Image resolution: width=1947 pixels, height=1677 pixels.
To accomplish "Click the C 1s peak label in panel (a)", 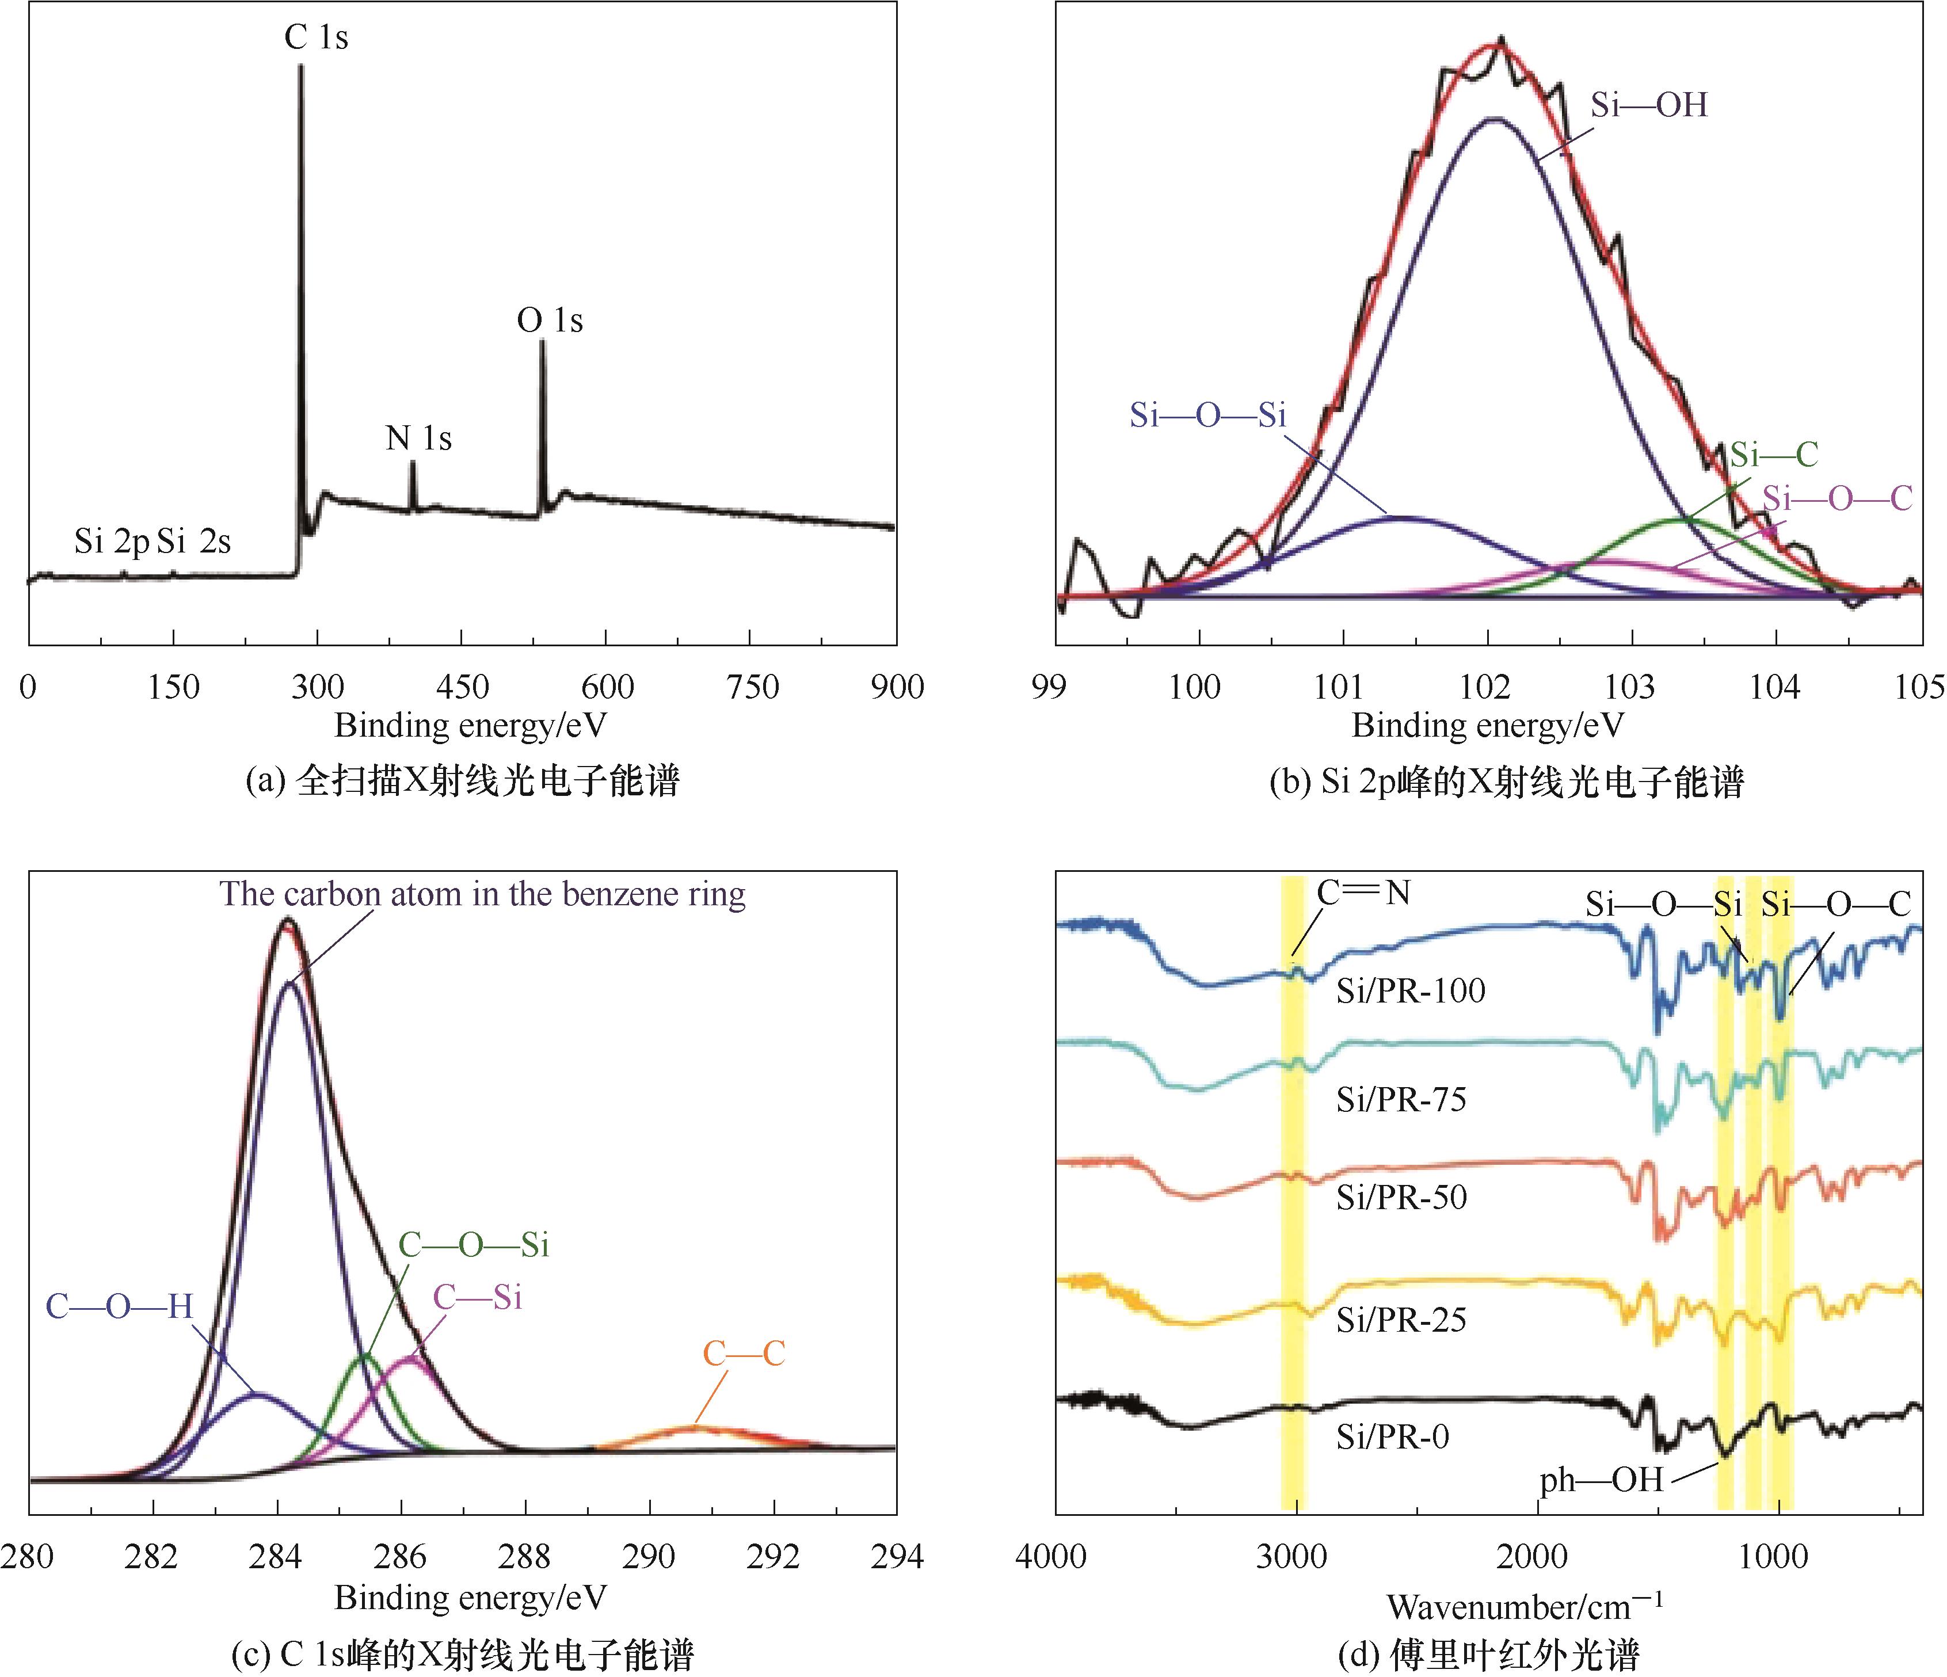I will coord(317,37).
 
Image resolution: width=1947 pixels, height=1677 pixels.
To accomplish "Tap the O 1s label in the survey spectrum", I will coord(550,321).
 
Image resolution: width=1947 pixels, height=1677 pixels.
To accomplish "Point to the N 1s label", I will coord(419,439).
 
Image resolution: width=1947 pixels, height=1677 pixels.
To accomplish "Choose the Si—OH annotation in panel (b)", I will coord(1649,105).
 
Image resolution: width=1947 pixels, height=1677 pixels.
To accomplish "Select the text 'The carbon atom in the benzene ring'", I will coord(483,894).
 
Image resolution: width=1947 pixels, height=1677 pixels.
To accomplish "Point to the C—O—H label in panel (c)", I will coord(119,1306).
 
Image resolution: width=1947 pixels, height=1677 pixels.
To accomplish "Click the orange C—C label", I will coord(743,1354).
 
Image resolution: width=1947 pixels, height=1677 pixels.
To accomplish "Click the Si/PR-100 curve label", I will coord(1411,990).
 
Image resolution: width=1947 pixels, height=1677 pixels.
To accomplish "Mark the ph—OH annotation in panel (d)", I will coord(1601,1481).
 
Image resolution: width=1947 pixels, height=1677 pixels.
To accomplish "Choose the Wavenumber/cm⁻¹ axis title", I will coord(1524,1607).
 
